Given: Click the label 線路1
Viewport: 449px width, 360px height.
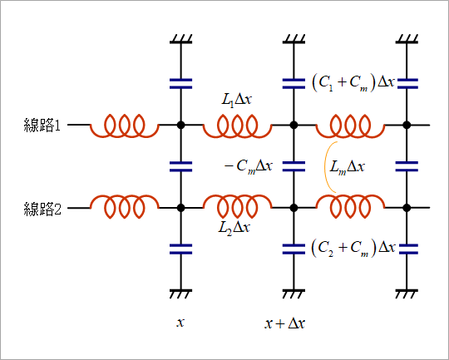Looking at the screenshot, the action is click(x=42, y=126).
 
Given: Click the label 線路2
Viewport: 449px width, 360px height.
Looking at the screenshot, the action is click(x=42, y=209).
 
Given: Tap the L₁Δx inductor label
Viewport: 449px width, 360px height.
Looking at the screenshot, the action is click(x=236, y=100).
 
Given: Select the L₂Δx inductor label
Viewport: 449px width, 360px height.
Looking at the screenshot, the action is click(x=234, y=228).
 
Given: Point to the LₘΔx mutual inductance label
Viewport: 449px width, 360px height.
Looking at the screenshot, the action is click(x=347, y=166).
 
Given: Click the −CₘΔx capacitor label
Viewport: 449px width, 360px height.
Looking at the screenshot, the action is click(x=249, y=166).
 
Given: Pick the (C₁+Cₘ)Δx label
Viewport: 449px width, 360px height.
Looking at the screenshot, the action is click(x=353, y=83).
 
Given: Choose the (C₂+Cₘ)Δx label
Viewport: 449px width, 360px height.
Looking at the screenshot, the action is click(x=353, y=248).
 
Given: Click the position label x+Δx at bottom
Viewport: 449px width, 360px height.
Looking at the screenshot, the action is click(x=284, y=323).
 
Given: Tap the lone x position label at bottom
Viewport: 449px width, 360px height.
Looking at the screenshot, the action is click(x=180, y=323).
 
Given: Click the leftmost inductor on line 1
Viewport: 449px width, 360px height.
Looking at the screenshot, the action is click(x=124, y=126).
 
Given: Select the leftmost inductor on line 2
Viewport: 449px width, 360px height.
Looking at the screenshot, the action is click(x=124, y=207).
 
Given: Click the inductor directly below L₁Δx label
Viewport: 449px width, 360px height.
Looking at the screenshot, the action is click(x=237, y=126).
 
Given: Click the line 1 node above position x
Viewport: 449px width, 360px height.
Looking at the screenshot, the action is click(x=180, y=125).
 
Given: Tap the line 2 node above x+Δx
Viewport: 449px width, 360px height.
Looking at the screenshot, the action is click(x=294, y=208).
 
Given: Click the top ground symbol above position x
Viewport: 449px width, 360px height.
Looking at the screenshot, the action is click(x=180, y=39).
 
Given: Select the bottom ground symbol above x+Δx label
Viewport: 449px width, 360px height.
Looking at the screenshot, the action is click(x=294, y=294).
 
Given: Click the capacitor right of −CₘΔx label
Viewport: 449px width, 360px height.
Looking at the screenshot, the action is click(x=294, y=166).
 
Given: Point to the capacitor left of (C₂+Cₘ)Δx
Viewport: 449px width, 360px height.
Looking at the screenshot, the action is click(x=294, y=249).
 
